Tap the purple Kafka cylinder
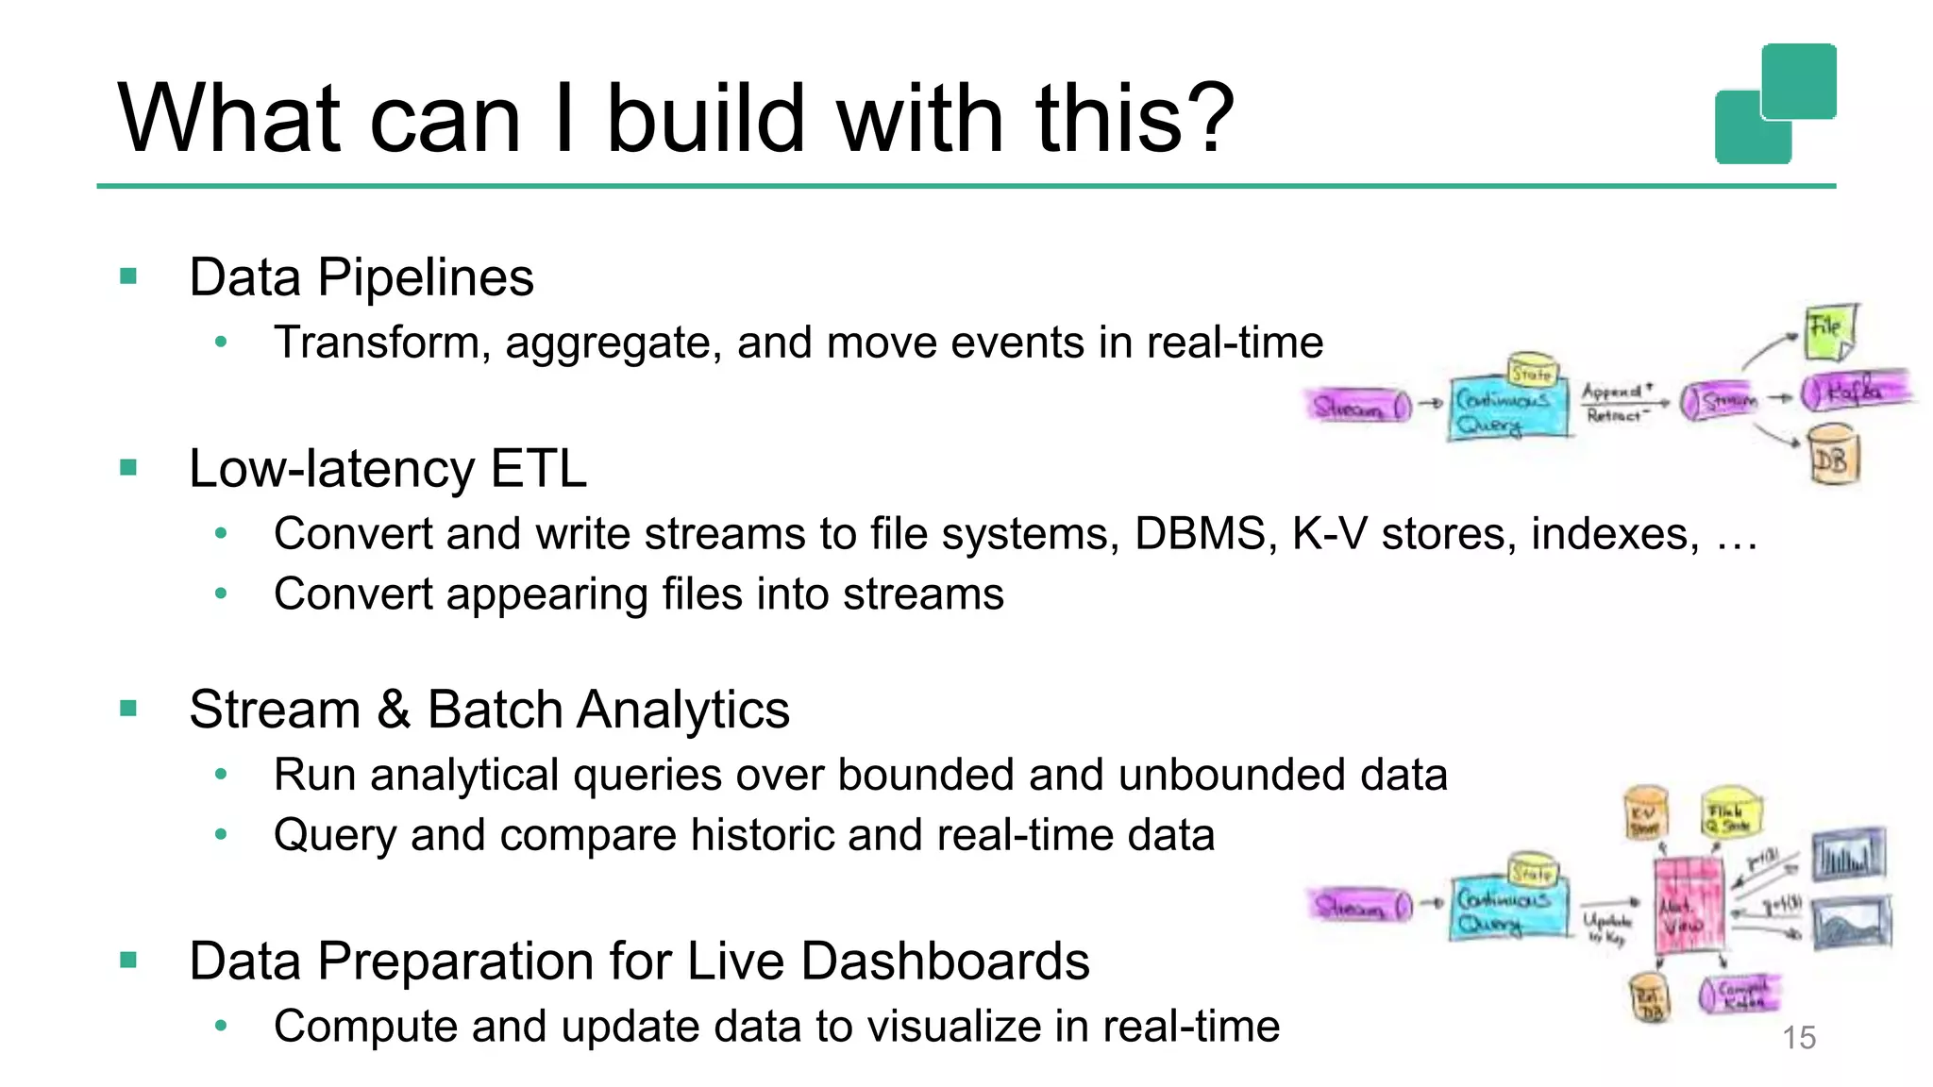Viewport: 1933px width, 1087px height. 1854,392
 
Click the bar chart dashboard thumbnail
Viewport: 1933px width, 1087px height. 1848,855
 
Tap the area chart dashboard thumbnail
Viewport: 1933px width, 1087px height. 1853,922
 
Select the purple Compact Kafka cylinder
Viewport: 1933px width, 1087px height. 1739,995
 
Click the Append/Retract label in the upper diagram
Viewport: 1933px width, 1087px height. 1617,403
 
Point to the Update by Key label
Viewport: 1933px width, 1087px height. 1606,928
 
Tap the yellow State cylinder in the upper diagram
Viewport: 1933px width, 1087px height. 1532,372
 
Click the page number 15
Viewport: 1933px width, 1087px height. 1798,1038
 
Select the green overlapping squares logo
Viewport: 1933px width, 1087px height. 1774,104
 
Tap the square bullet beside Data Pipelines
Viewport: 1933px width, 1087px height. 129,276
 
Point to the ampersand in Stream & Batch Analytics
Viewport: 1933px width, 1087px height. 394,710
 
